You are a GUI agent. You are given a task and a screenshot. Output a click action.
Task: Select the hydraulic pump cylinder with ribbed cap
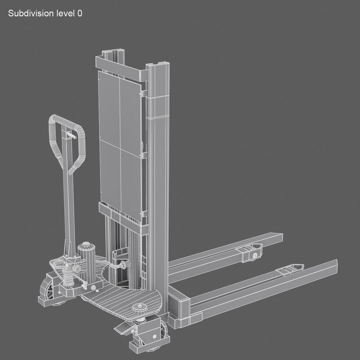(x=87, y=260)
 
